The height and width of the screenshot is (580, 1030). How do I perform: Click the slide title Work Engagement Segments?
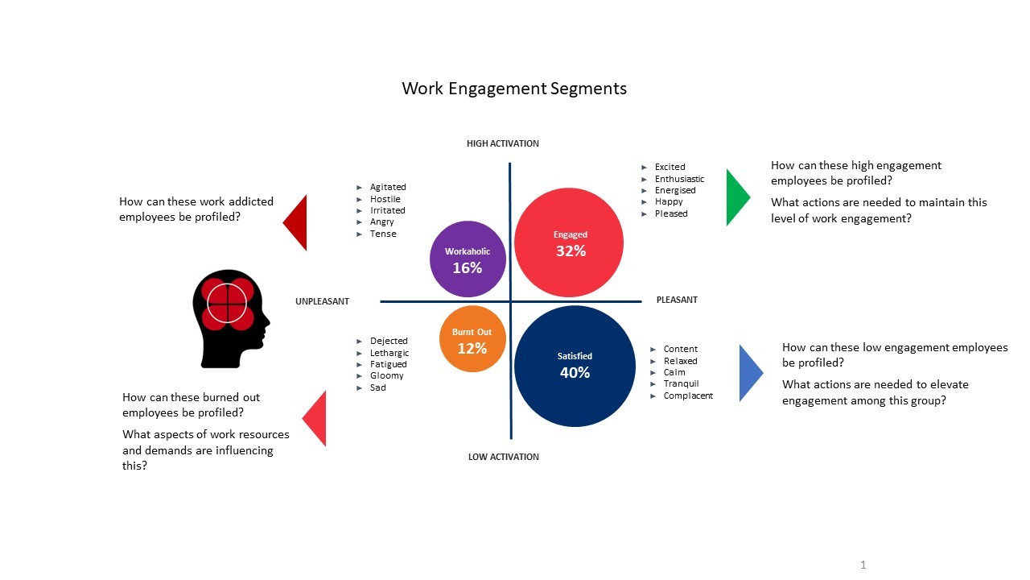[514, 89]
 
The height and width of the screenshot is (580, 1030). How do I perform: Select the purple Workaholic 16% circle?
[468, 259]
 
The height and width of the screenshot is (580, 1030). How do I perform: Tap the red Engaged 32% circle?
[569, 243]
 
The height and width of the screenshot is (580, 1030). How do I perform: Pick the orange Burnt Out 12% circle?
[472, 339]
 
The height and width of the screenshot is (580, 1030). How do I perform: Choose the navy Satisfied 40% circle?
[575, 366]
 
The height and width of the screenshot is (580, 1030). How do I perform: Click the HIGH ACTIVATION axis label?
[503, 143]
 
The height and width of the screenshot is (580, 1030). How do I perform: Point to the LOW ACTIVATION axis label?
[504, 457]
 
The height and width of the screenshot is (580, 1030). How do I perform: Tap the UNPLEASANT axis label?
[323, 301]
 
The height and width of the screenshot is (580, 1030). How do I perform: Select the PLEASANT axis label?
[677, 300]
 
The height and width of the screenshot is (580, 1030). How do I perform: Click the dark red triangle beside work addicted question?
[297, 222]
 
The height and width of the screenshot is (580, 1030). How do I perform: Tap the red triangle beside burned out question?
[316, 419]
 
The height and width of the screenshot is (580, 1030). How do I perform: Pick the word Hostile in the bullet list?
[385, 199]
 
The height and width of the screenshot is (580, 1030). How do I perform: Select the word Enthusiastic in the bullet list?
[679, 179]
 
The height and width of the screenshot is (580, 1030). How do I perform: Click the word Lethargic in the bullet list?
[389, 353]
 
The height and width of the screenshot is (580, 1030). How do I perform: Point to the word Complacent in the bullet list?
[688, 396]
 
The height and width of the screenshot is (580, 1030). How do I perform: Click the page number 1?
[863, 565]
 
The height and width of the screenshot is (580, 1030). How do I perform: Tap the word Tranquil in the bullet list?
[681, 383]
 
